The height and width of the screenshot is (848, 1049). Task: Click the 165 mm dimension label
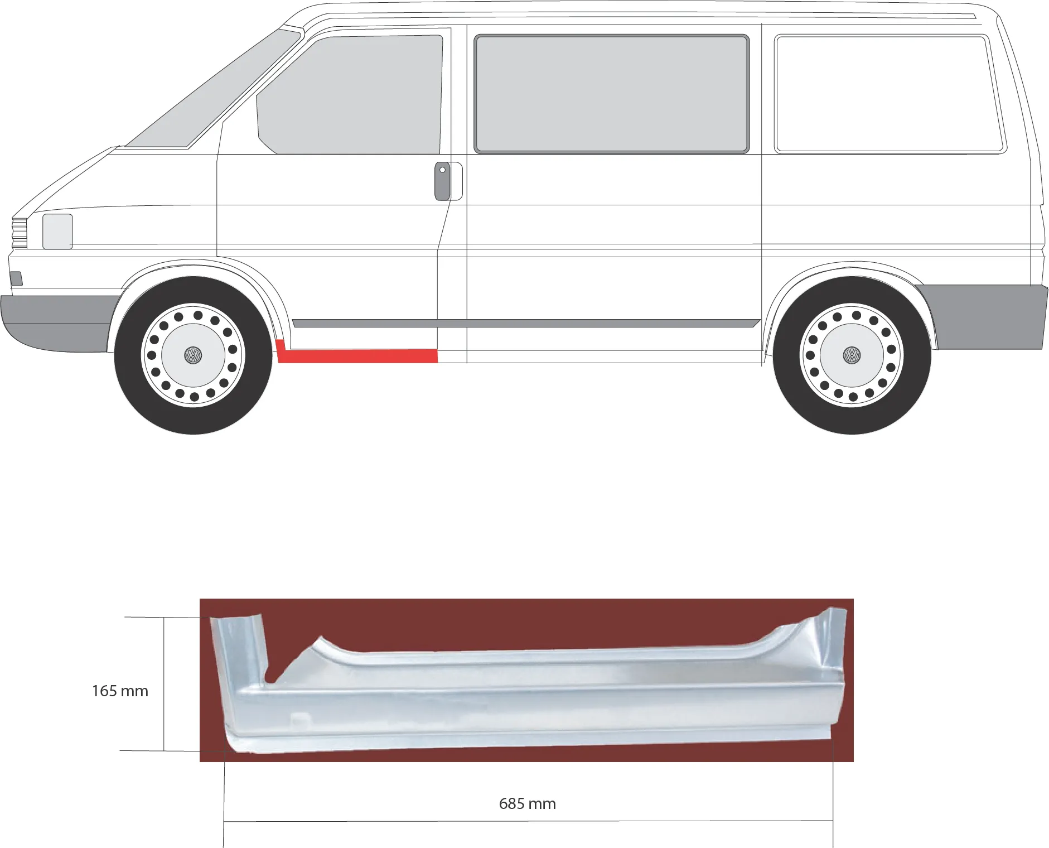pyautogui.click(x=120, y=691)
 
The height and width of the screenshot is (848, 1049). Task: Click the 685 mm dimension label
pyautogui.click(x=528, y=804)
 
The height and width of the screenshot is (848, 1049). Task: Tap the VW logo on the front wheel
pyautogui.click(x=193, y=355)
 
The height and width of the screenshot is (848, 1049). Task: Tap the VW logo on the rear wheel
pyautogui.click(x=852, y=355)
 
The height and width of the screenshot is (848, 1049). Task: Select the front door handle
pyautogui.click(x=443, y=181)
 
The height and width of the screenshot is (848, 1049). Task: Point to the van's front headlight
pyautogui.click(x=57, y=231)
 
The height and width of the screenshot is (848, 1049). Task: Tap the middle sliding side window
pyautogui.click(x=611, y=94)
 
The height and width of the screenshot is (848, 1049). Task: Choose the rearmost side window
pyautogui.click(x=890, y=94)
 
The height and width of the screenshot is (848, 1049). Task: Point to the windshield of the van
pyautogui.click(x=212, y=89)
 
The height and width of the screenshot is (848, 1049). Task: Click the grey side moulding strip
pyautogui.click(x=526, y=323)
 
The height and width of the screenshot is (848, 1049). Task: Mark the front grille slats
pyautogui.click(x=20, y=233)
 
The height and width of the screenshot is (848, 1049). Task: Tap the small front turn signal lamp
pyautogui.click(x=17, y=278)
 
